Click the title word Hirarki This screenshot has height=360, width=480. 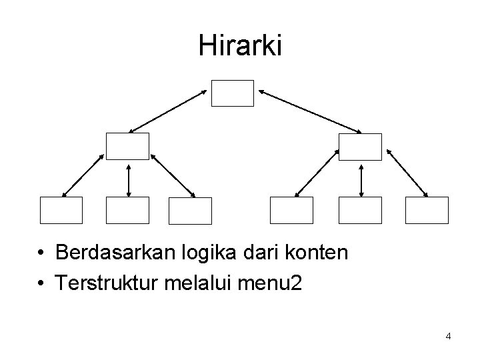point(240,45)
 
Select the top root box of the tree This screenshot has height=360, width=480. point(233,93)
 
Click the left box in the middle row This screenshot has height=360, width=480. point(127,147)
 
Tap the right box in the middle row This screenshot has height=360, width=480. point(360,147)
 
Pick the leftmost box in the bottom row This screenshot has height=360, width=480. point(61,210)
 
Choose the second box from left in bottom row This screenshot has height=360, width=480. point(127,210)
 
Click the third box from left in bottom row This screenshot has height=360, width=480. point(190,211)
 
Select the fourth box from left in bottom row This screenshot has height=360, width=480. point(291,210)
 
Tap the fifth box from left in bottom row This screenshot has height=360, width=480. point(360,210)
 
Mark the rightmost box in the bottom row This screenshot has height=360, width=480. point(427,210)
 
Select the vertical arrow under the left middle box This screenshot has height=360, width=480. point(128,179)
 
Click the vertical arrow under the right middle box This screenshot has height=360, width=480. point(361,179)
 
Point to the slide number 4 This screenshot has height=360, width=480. point(448,336)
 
